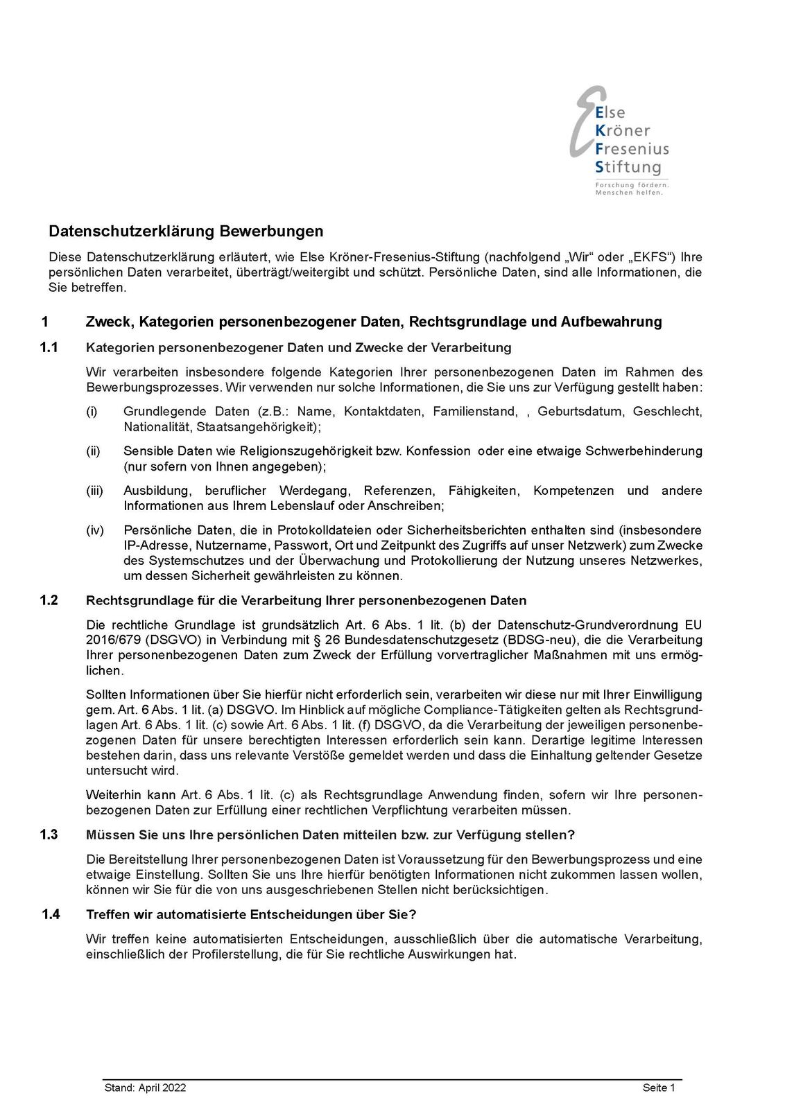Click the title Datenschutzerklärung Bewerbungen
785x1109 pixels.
pyautogui.click(x=186, y=231)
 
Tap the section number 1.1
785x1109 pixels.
pyautogui.click(x=50, y=347)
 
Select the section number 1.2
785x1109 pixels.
pyautogui.click(x=50, y=600)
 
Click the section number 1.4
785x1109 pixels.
pyautogui.click(x=51, y=914)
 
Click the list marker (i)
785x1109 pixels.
pyautogui.click(x=91, y=412)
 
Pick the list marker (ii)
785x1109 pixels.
pyautogui.click(x=93, y=451)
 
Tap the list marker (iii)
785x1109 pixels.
pyautogui.click(x=94, y=491)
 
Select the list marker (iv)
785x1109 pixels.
pyautogui.click(x=94, y=530)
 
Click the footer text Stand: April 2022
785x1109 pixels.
pyautogui.click(x=145, y=1088)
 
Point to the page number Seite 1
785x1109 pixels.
pyautogui.click(x=658, y=1088)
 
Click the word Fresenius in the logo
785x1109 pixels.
pyautogui.click(x=632, y=148)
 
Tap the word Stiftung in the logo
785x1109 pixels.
pyautogui.click(x=628, y=167)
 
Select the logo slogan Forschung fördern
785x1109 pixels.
pyautogui.click(x=631, y=185)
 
